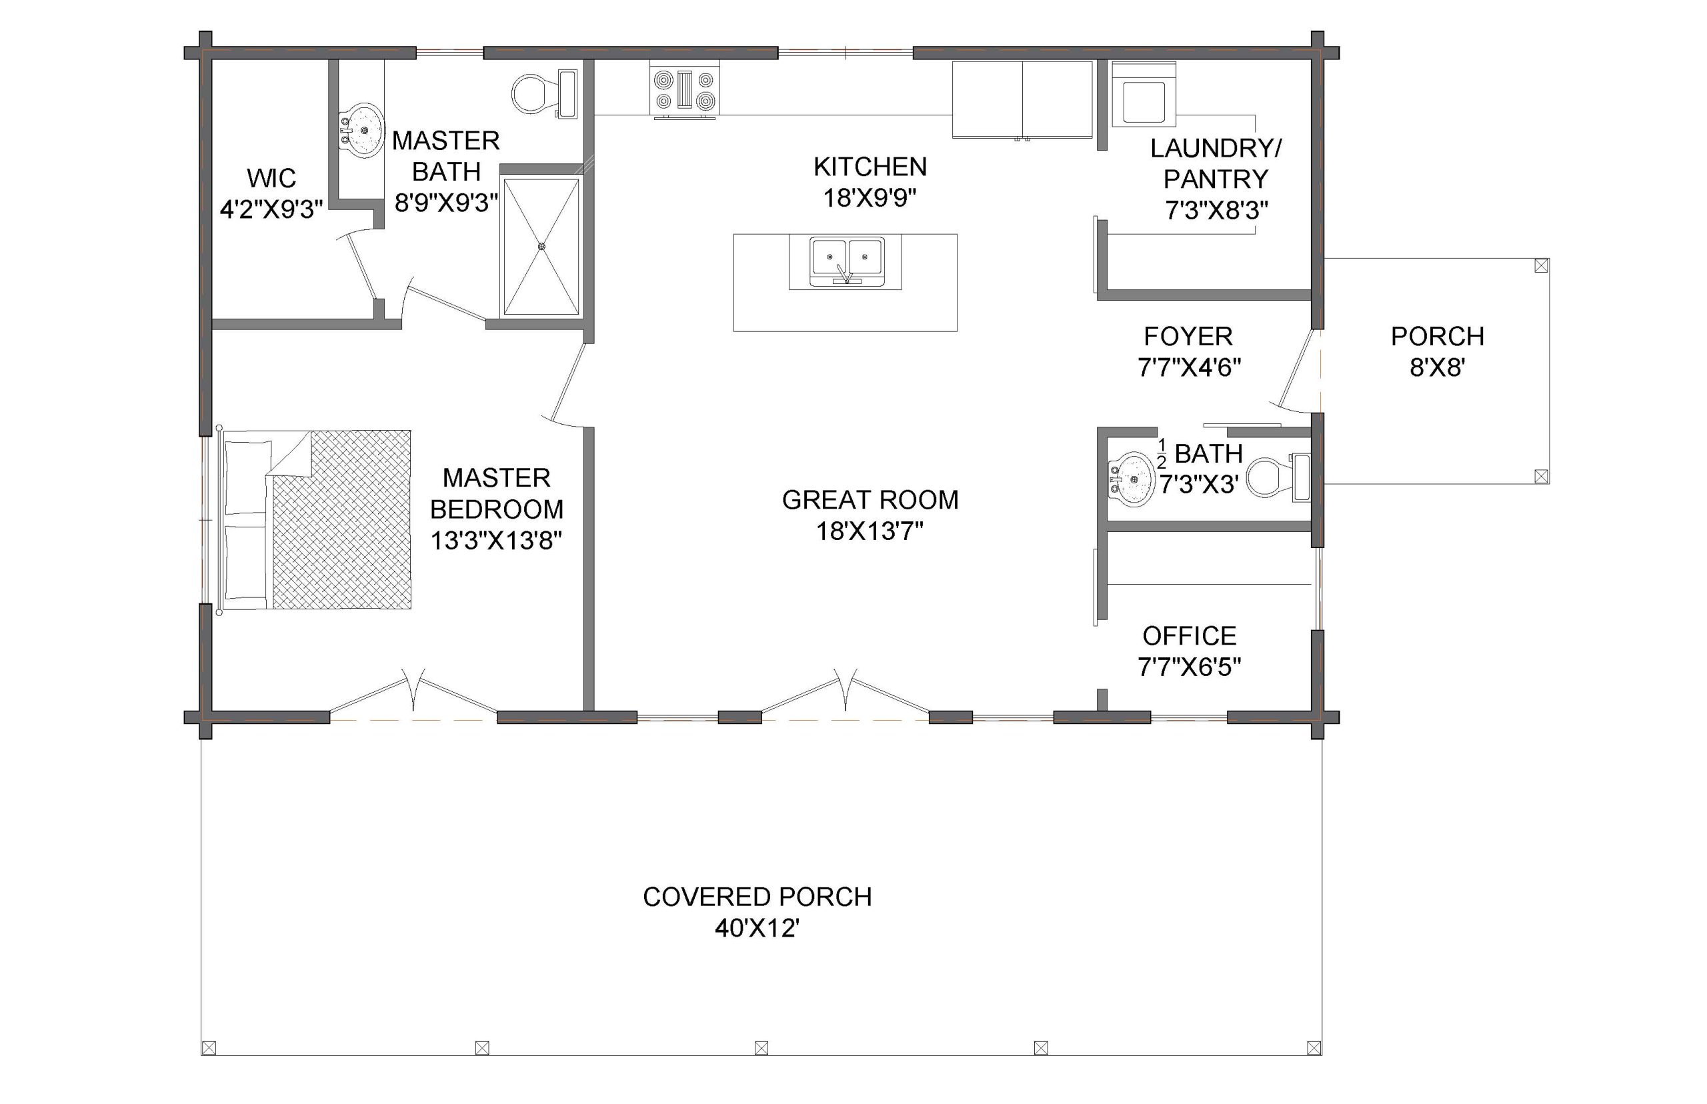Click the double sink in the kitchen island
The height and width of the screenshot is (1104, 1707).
tap(847, 261)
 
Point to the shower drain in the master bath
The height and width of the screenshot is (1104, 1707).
tap(541, 247)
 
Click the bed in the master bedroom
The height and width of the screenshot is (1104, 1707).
tap(315, 521)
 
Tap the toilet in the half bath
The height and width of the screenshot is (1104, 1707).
tap(1278, 477)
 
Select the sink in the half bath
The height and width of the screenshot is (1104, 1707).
tap(1132, 478)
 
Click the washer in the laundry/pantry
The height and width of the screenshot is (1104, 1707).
tap(1143, 95)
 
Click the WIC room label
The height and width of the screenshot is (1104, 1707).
tap(271, 178)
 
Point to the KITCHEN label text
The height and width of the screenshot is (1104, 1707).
tap(870, 167)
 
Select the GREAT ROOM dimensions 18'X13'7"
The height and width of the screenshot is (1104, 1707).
tap(870, 531)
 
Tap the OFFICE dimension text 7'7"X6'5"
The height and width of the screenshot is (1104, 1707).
tap(1190, 667)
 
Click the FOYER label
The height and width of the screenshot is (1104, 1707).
tap(1188, 336)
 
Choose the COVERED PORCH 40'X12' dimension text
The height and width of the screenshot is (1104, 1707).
tap(757, 929)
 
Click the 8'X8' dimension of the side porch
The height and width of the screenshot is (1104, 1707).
tap(1437, 368)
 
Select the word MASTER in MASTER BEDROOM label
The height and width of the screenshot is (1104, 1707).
tap(496, 477)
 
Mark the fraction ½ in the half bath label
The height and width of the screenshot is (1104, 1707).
tap(1162, 453)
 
